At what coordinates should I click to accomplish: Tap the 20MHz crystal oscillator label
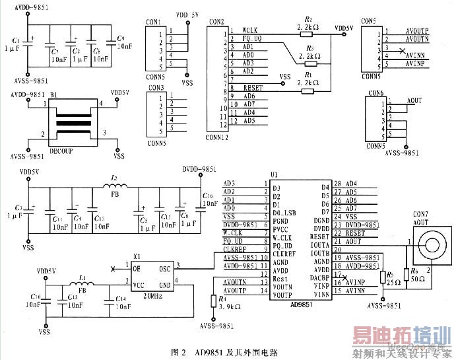click(154, 297)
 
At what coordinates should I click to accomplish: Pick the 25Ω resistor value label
click(394, 281)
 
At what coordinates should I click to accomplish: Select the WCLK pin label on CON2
click(250, 30)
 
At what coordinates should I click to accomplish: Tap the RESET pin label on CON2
click(253, 88)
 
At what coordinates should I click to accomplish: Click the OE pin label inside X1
click(136, 268)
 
